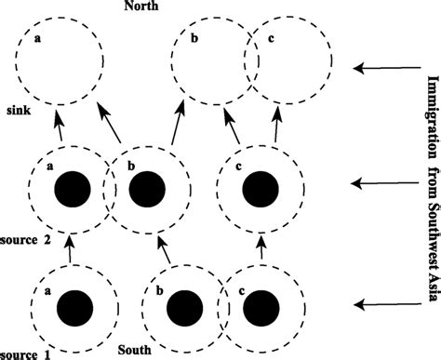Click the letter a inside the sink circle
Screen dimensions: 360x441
coord(37,39)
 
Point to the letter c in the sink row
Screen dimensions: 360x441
coord(270,39)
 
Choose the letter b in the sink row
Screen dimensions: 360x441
coord(193,39)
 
